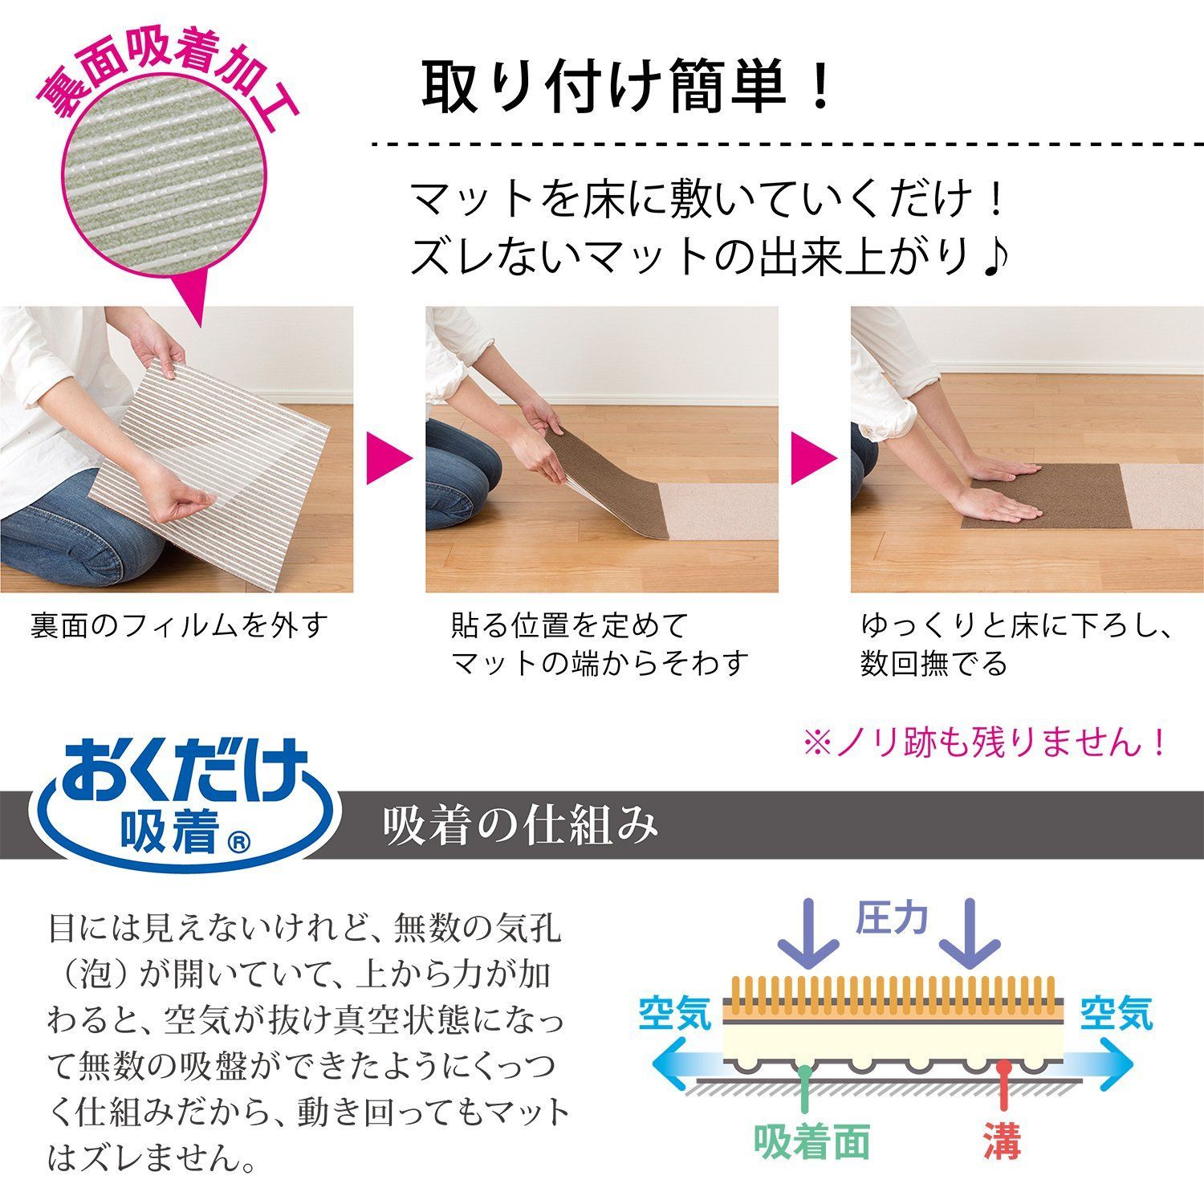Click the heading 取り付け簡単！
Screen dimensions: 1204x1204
click(x=627, y=87)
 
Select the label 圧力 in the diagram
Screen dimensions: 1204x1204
click(x=892, y=919)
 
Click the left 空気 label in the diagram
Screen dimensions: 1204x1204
click(x=675, y=1013)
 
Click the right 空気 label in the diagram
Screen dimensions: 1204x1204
click(x=1116, y=1013)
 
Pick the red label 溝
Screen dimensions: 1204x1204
click(x=1003, y=1140)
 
